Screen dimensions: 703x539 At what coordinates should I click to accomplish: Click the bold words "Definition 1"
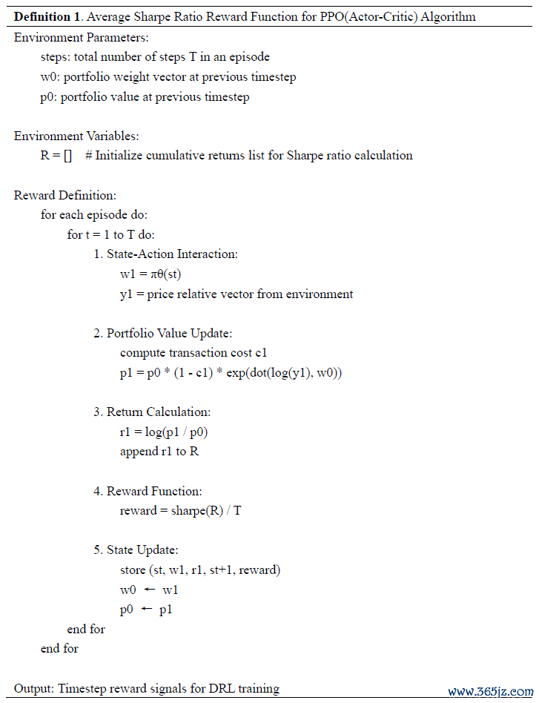pyautogui.click(x=47, y=16)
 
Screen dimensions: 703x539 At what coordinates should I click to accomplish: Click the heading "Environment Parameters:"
pyautogui.click(x=81, y=37)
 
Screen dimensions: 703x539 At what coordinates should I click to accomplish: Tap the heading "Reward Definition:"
pyautogui.click(x=65, y=196)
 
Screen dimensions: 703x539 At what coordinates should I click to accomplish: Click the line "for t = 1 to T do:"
pyautogui.click(x=110, y=234)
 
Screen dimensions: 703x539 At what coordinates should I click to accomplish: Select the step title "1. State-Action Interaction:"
pyautogui.click(x=165, y=254)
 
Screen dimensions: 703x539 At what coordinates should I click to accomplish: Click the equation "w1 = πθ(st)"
pyautogui.click(x=151, y=274)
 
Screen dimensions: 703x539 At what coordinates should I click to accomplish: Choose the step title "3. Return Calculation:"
pyautogui.click(x=152, y=412)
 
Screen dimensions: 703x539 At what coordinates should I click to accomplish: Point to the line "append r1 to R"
pyautogui.click(x=159, y=452)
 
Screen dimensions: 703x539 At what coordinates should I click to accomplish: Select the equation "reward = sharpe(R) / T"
pyautogui.click(x=180, y=511)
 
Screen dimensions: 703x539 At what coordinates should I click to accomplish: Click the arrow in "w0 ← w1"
pyautogui.click(x=149, y=590)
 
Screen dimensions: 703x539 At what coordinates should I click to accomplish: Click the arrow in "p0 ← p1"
pyautogui.click(x=146, y=610)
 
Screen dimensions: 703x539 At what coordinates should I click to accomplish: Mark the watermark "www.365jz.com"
pyautogui.click(x=490, y=691)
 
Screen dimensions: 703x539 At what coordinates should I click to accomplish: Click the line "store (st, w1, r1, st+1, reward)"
pyautogui.click(x=199, y=570)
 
